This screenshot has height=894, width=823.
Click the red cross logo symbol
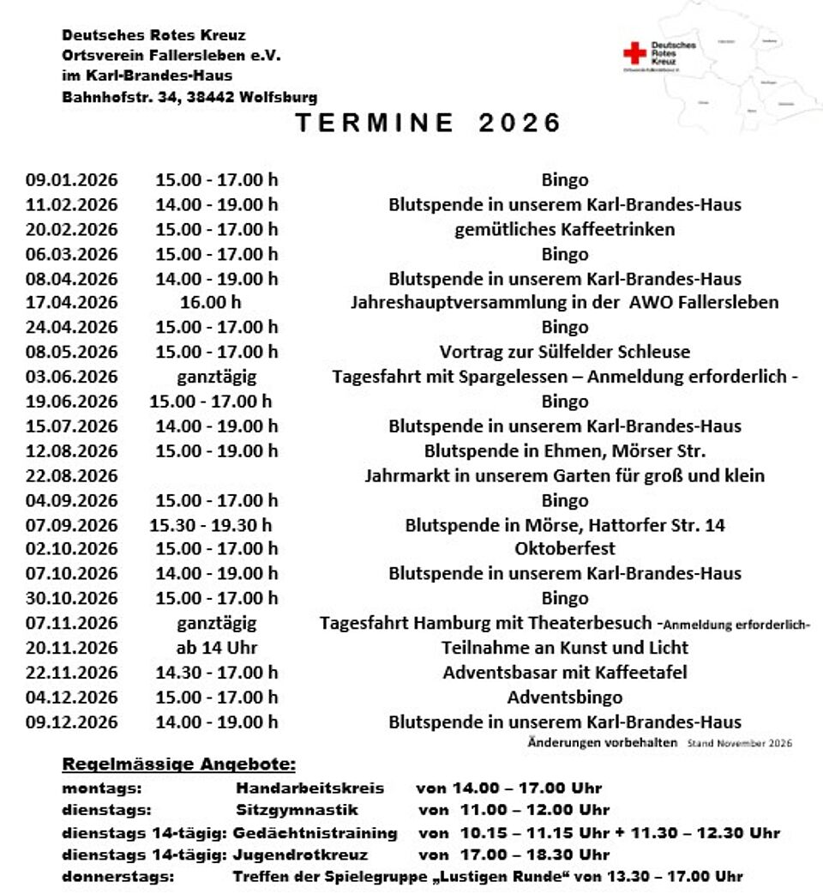(x=634, y=54)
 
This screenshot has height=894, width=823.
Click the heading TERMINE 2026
(x=429, y=123)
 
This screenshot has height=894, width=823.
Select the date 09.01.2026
(x=72, y=180)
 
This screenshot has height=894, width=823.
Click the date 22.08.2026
(x=72, y=475)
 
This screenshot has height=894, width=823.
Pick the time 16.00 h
(x=211, y=303)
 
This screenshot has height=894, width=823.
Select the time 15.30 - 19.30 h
(x=211, y=525)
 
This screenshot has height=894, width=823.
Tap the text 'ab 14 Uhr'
(x=216, y=648)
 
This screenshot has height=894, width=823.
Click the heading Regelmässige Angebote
(x=178, y=764)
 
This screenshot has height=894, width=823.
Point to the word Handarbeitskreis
(x=310, y=788)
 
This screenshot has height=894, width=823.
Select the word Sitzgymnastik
(x=297, y=810)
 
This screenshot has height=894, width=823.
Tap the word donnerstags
(x=117, y=877)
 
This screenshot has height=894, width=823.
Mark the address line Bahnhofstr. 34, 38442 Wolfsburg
(x=189, y=98)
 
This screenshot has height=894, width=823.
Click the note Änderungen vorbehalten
(x=602, y=742)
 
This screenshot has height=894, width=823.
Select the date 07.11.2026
(x=72, y=623)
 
